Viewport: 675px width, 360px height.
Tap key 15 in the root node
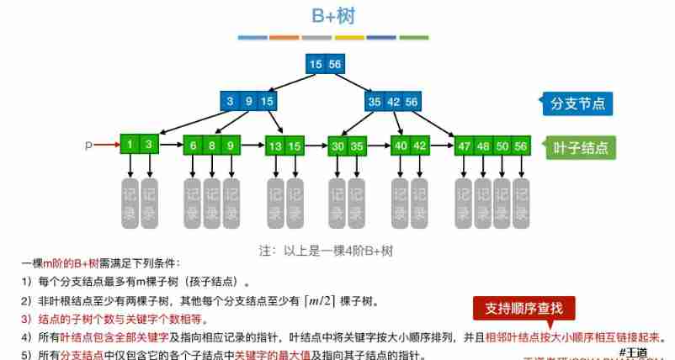[x=316, y=64]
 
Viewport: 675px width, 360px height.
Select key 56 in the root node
[x=336, y=64]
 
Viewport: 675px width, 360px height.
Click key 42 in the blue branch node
[x=393, y=102]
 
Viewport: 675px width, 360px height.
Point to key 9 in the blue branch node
[x=248, y=102]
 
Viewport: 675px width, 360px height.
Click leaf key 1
[x=130, y=145]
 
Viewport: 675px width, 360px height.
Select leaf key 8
[x=212, y=145]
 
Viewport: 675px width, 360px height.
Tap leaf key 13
[x=274, y=145]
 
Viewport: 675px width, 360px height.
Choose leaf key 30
[x=337, y=145]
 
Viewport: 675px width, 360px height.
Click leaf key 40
[x=401, y=145]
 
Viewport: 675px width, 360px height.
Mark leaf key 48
[x=483, y=145]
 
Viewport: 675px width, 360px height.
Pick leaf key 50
[x=502, y=145]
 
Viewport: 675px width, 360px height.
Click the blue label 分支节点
[x=577, y=104]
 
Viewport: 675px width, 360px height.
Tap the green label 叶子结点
[x=579, y=147]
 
